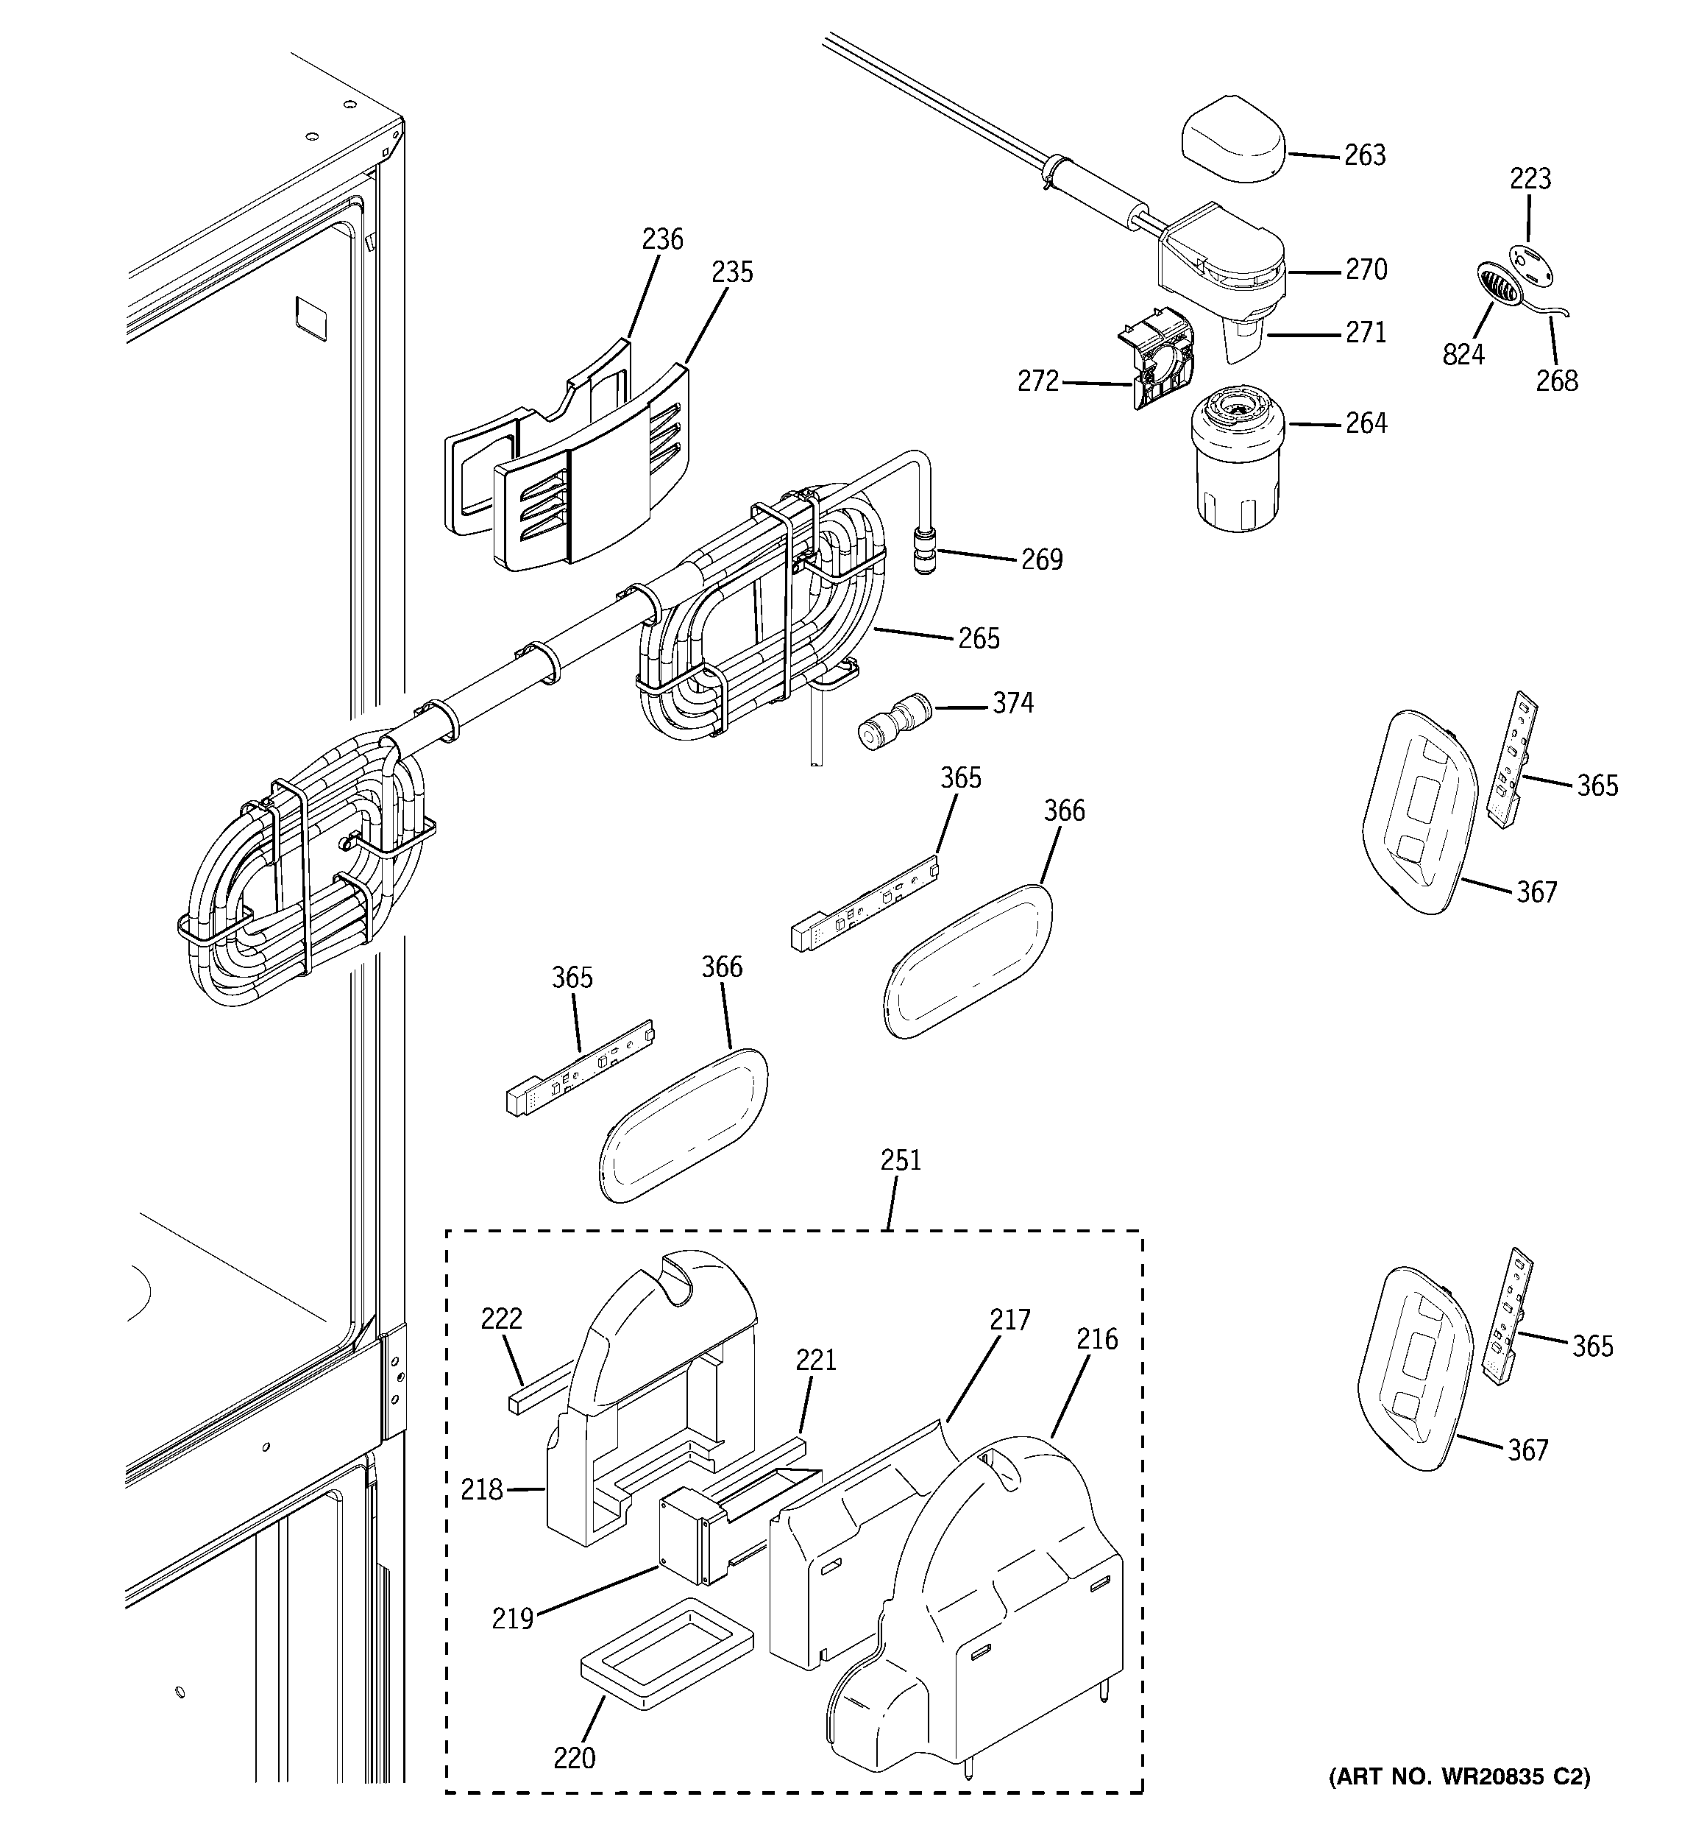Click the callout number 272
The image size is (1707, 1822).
click(x=1037, y=381)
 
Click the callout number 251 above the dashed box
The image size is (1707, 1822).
click(x=900, y=1160)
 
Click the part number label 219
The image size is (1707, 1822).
click(x=512, y=1620)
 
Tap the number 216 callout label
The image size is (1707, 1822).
click(x=1097, y=1340)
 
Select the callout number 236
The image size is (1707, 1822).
click(x=661, y=239)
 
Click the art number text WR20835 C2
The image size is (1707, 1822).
click(x=1460, y=1777)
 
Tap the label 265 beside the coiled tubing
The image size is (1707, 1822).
click(x=978, y=639)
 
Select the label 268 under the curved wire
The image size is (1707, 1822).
click(x=1556, y=381)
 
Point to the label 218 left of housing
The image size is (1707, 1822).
click(x=482, y=1490)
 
